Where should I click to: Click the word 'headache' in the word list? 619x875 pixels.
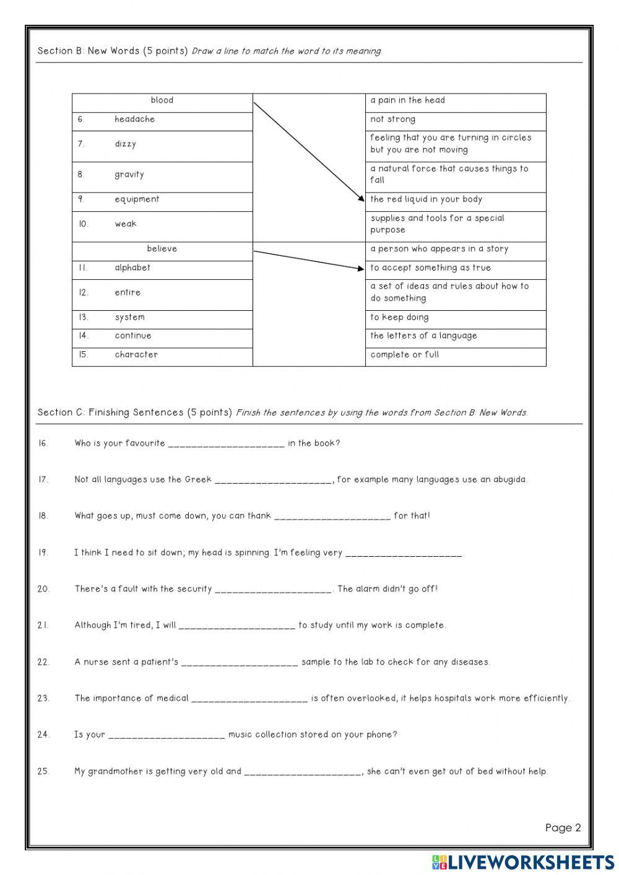134,119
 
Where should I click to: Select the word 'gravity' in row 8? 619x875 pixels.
129,175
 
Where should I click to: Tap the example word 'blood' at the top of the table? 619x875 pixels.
162,100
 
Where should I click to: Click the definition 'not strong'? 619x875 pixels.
392,119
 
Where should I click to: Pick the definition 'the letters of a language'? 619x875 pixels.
423,336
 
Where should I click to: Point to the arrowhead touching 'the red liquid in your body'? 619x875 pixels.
361,199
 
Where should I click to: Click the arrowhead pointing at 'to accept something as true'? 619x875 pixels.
361,268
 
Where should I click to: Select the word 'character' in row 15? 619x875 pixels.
136,355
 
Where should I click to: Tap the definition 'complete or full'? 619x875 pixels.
404,355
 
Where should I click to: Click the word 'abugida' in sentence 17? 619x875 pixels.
509,479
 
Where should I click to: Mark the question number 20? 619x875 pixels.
43,589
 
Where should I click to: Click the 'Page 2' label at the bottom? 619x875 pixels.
563,828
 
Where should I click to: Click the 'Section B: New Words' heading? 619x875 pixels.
113,51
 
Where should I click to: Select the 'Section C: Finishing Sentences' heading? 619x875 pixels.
134,412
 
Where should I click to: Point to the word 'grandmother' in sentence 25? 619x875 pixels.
115,772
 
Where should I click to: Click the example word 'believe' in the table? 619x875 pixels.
162,249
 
